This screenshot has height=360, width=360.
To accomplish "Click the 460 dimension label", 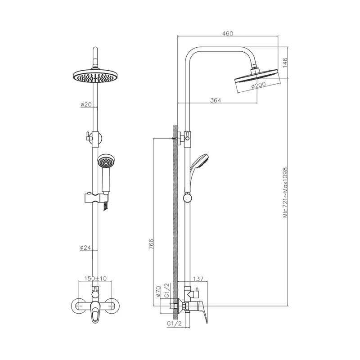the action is coord(228,33).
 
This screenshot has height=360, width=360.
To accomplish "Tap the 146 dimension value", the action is coord(285,63).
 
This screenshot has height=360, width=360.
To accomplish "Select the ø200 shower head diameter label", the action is coord(258,85).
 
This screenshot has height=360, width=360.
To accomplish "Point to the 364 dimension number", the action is coord(216,100).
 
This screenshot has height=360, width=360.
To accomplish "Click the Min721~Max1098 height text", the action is coord(285,193).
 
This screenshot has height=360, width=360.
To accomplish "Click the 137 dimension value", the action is coord(198,279).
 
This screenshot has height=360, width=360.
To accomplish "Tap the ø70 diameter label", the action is coord(159,292).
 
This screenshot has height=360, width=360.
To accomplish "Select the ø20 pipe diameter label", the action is coord(86,105).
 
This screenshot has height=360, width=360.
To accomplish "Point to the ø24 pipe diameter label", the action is coord(85,247).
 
